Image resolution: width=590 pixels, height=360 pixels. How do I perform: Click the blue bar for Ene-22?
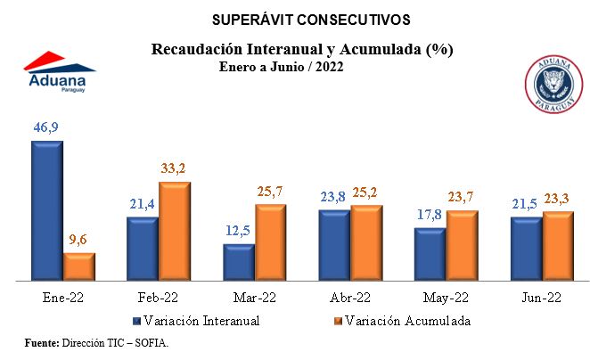pyautogui.click(x=46, y=211)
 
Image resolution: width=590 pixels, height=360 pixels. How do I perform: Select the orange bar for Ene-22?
pyautogui.click(x=78, y=266)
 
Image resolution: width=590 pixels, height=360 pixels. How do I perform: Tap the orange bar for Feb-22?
pyautogui.click(x=175, y=232)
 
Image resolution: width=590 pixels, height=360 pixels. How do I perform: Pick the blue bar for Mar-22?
pyautogui.click(x=239, y=262)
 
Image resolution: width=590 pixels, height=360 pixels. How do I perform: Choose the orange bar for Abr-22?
pyautogui.click(x=367, y=243)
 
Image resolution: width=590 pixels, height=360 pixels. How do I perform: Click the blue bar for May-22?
pyautogui.click(x=430, y=255)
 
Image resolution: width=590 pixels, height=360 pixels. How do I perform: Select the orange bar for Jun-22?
pyautogui.click(x=559, y=246)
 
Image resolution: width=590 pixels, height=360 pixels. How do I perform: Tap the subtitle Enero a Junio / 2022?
pyautogui.click(x=282, y=66)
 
